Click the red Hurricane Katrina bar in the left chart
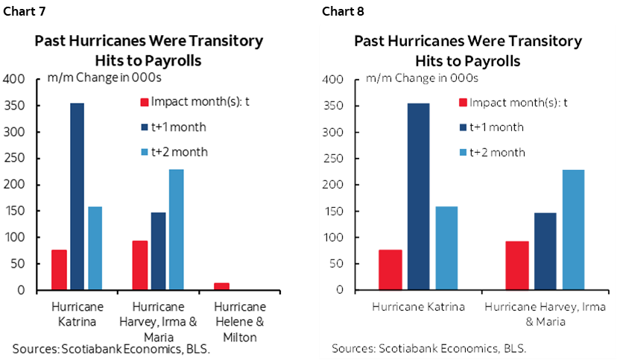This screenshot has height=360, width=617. [60, 270]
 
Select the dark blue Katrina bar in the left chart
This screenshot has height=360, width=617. [77, 196]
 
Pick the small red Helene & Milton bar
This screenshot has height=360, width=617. [221, 286]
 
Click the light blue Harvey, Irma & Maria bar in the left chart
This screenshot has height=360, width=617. [176, 230]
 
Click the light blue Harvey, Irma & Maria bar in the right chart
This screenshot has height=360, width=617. [573, 230]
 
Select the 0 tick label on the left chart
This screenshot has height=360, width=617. [22, 290]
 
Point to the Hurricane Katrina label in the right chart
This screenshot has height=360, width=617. [419, 307]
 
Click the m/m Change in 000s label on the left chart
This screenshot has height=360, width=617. [95, 78]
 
